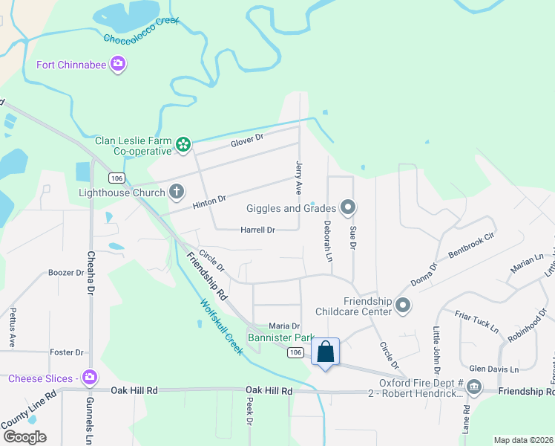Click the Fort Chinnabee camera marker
[117, 65]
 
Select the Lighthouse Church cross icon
[177, 193]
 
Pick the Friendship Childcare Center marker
[403, 306]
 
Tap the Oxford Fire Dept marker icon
[474, 388]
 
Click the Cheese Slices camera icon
[90, 378]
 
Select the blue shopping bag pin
[326, 352]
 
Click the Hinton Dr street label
[208, 201]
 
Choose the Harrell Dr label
[257, 230]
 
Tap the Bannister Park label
[281, 337]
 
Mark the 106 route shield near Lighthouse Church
[115, 178]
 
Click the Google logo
[25, 436]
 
